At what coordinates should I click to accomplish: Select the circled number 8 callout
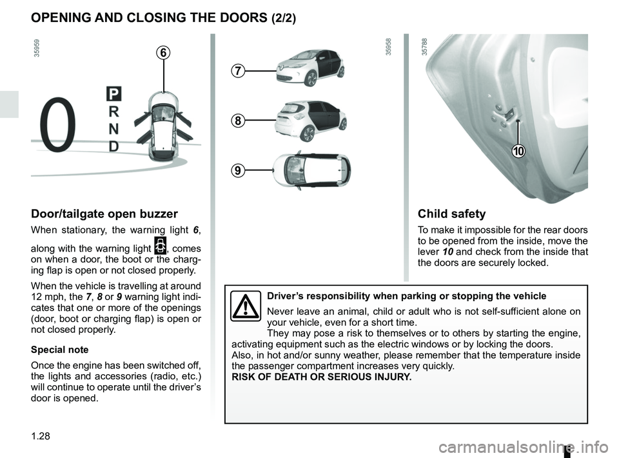[x=238, y=121]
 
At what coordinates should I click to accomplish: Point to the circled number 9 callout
[x=238, y=170]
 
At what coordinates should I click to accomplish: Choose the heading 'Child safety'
[x=451, y=214]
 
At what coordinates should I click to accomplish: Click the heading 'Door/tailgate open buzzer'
[x=104, y=214]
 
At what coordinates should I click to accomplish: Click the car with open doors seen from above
[x=164, y=126]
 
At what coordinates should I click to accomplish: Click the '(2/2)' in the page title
[x=279, y=19]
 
